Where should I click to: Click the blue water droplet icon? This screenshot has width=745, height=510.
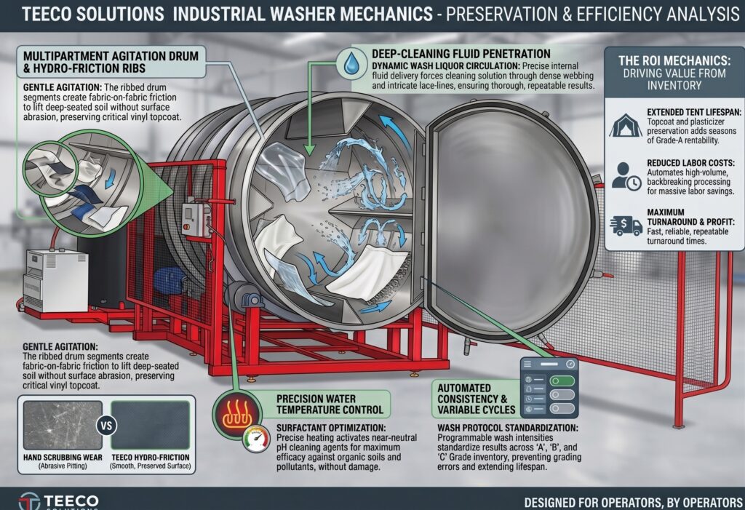click(x=352, y=63)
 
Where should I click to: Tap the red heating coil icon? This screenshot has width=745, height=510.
click(x=238, y=413)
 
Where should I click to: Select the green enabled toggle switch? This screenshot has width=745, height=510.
click(x=562, y=380)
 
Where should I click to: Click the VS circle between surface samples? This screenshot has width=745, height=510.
click(x=106, y=425)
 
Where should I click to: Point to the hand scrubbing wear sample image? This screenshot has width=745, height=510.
click(x=63, y=425)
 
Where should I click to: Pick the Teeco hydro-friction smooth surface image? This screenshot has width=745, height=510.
click(x=150, y=425)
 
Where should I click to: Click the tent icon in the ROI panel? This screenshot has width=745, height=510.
click(x=625, y=125)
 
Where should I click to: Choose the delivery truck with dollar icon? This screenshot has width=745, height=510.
click(x=626, y=226)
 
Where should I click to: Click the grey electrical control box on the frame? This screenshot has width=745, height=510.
click(x=195, y=219)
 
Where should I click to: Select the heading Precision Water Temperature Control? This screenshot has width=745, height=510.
click(x=330, y=404)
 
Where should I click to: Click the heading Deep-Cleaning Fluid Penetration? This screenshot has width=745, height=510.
click(x=461, y=54)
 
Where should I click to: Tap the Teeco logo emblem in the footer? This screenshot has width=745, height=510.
click(x=29, y=501)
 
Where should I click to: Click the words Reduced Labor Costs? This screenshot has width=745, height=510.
click(x=690, y=162)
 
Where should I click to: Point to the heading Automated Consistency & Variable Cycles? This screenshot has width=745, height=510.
click(x=476, y=399)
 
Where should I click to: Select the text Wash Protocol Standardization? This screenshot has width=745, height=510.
click(x=507, y=428)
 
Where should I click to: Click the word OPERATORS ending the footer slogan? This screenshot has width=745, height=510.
click(x=712, y=502)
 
